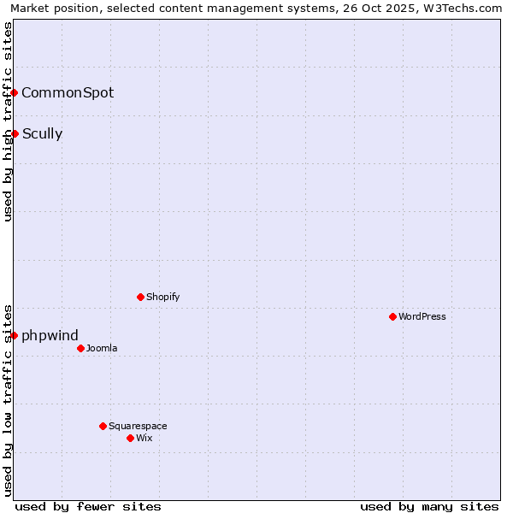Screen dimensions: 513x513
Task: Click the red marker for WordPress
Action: point(392,316)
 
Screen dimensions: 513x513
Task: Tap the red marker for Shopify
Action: point(140,297)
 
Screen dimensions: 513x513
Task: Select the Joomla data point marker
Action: point(80,348)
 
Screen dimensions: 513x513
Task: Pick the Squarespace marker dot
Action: point(103,426)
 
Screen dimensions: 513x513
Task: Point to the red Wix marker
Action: point(130,438)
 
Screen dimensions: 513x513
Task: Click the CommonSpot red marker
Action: point(15,92)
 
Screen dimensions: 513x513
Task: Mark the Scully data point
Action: point(15,133)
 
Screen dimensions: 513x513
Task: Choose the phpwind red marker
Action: point(15,335)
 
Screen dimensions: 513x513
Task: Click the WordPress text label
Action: point(422,316)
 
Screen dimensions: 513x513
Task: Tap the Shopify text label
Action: point(162,297)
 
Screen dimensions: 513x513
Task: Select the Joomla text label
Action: point(102,348)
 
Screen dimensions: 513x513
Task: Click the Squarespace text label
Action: point(138,426)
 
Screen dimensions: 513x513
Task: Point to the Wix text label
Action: point(144,438)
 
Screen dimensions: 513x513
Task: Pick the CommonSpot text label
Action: point(68,92)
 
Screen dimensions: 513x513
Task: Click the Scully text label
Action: point(42,133)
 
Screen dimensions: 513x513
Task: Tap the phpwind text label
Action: point(50,335)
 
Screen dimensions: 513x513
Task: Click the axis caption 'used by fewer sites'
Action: point(88,506)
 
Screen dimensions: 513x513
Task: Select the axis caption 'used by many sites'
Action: point(429,506)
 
